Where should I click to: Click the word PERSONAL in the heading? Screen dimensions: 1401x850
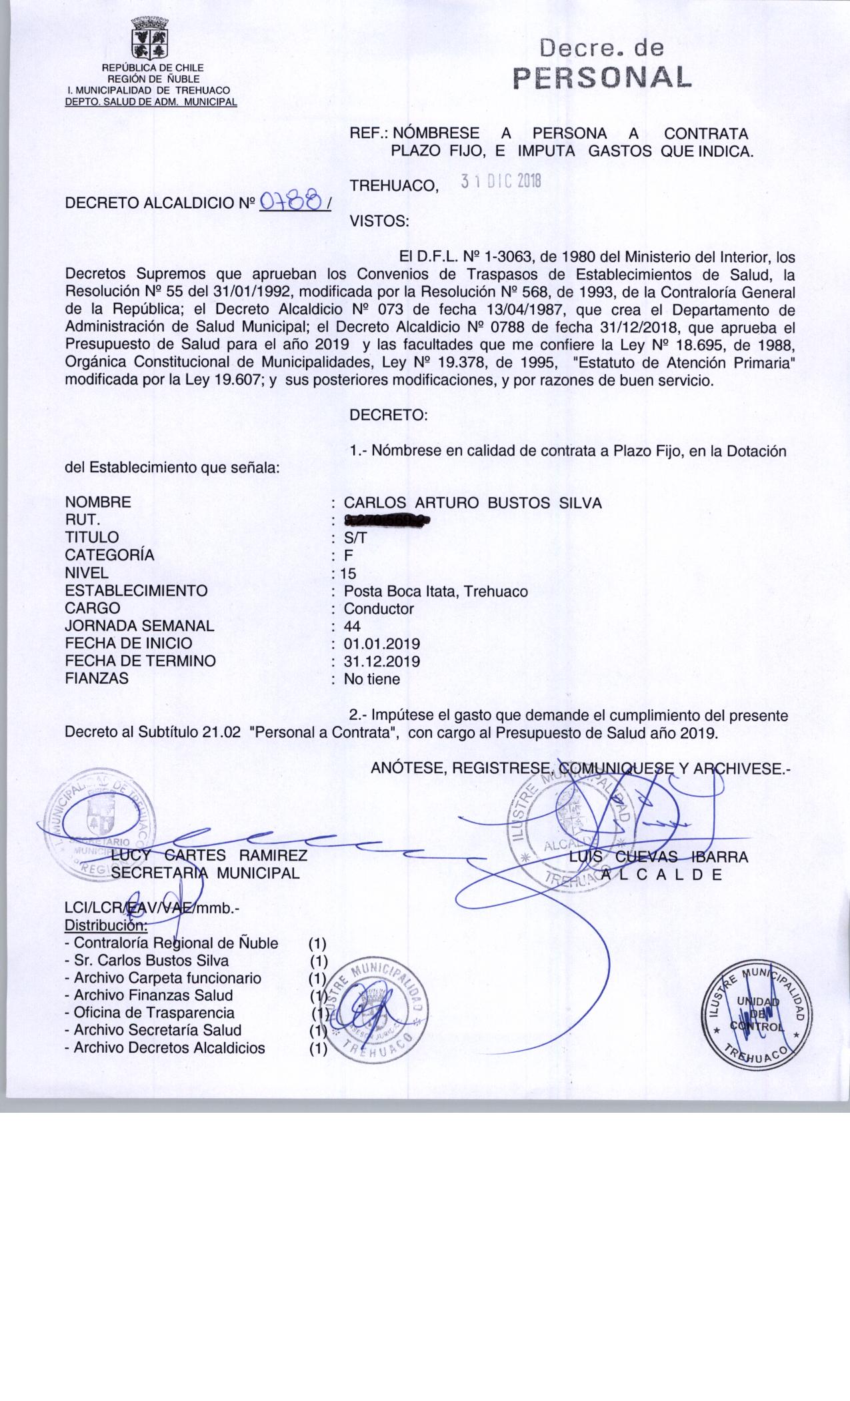[x=601, y=78]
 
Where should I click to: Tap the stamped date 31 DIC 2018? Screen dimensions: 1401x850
[x=501, y=181]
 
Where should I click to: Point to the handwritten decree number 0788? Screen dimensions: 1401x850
[x=292, y=201]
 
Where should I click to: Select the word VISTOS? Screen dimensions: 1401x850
[x=379, y=221]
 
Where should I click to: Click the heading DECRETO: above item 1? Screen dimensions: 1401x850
[x=388, y=415]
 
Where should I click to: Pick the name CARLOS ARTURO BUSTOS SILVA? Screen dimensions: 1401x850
[x=473, y=503]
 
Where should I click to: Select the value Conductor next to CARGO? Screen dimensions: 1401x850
[x=379, y=608]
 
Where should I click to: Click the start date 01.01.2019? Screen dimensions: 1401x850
[x=381, y=644]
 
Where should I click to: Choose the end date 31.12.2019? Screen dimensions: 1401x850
[x=381, y=661]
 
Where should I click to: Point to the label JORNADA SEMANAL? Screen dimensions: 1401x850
[x=139, y=626]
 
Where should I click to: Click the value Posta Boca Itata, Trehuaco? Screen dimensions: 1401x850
[x=435, y=591]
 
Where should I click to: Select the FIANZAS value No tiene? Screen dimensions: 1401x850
[x=372, y=679]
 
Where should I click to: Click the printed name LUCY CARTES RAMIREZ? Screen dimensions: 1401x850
[x=209, y=856]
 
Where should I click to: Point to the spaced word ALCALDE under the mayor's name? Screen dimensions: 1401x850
[x=661, y=874]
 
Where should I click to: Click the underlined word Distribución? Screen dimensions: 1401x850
[x=105, y=925]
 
